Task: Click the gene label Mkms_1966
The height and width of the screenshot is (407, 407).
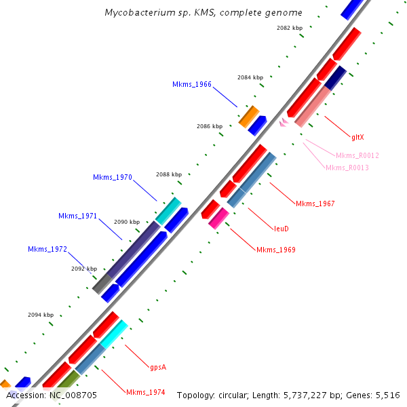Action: [192, 85]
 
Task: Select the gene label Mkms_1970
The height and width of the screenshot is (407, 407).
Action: [113, 178]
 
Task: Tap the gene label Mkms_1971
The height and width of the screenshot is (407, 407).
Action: [78, 216]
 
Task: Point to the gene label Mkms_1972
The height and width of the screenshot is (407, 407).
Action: [47, 250]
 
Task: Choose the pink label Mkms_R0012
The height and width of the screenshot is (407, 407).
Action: [357, 155]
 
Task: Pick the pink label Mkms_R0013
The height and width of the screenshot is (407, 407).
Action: [347, 168]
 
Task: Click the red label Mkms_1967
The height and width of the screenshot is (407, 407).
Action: [315, 203]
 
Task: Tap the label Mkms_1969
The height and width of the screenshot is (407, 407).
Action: [276, 250]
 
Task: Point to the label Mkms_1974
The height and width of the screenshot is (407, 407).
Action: [146, 392]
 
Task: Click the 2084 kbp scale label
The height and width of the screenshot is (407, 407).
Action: [250, 78]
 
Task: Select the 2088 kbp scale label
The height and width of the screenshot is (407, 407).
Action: [169, 174]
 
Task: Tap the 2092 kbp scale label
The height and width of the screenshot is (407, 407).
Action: [84, 269]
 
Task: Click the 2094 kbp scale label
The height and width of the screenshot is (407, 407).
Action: [41, 315]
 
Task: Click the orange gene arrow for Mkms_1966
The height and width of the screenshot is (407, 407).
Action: [249, 115]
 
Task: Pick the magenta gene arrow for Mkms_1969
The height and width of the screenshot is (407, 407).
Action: [218, 218]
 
